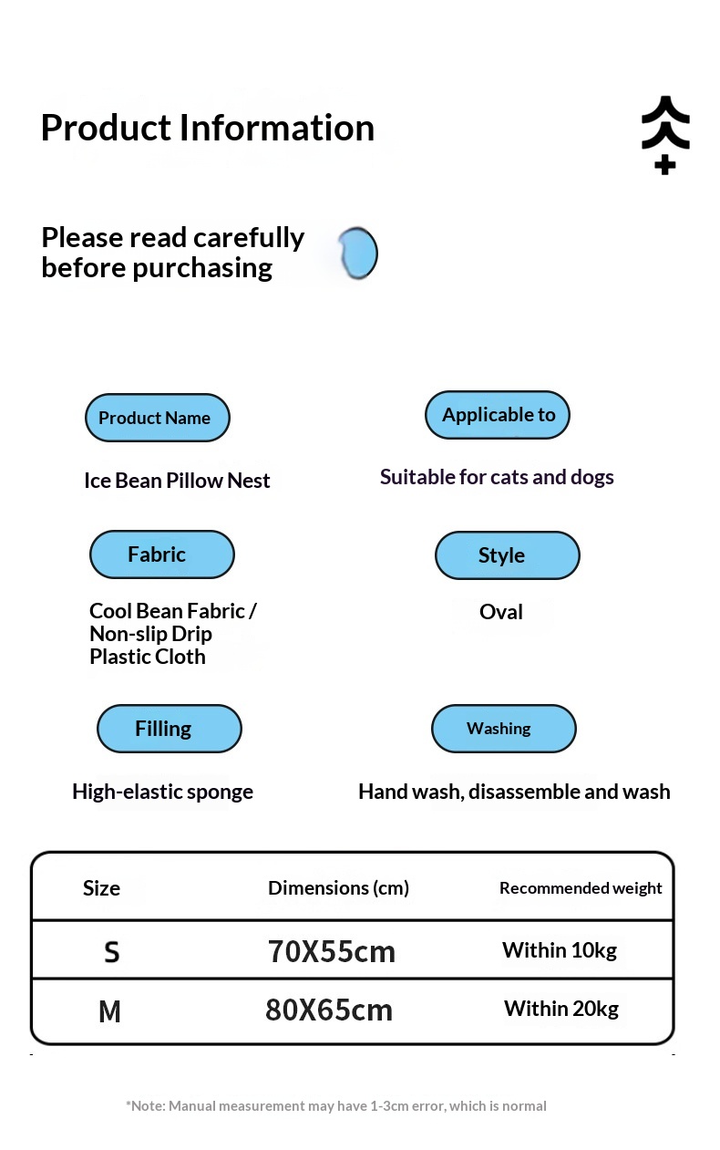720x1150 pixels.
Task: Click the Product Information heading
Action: [x=207, y=128]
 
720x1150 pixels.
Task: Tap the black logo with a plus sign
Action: [x=665, y=134]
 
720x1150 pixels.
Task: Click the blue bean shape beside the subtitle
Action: [x=357, y=254]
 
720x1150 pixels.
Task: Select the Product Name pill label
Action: [x=158, y=418]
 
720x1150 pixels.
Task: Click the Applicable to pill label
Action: [x=498, y=415]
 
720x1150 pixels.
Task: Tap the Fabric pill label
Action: [x=162, y=554]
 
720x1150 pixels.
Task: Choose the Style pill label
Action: [x=508, y=555]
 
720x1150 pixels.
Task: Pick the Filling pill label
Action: [x=170, y=729]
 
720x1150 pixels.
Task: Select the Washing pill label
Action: [x=504, y=729]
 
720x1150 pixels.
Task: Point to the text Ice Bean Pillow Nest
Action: [x=177, y=481]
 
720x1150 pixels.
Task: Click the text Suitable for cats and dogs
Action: [x=497, y=478]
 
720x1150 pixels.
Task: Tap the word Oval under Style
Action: [x=501, y=612]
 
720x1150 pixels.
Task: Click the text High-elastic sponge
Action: [x=162, y=793]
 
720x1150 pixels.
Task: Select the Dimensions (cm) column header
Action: [x=339, y=888]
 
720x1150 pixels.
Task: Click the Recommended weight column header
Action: [x=581, y=888]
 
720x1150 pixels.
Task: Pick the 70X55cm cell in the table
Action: [x=332, y=951]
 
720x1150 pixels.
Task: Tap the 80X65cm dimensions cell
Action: [x=329, y=1010]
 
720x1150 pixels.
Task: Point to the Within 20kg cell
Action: [x=561, y=1009]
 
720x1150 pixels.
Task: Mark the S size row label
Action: [x=112, y=952]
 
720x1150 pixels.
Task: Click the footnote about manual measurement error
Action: [x=336, y=1106]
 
